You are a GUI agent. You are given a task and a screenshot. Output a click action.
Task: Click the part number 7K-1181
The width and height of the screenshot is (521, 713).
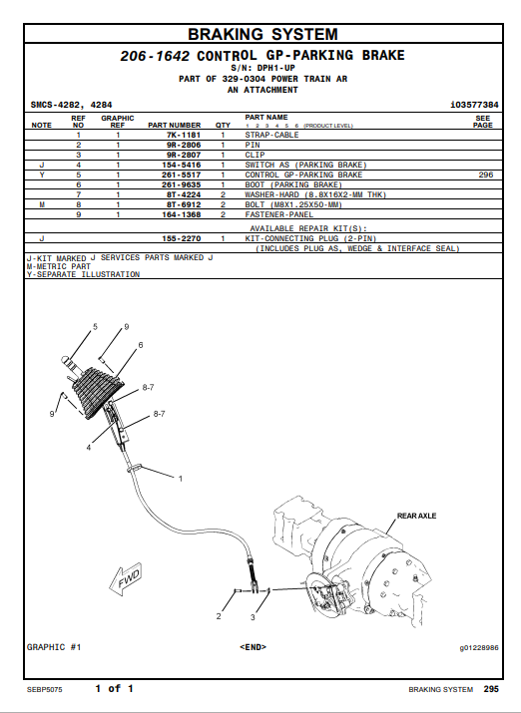[184, 135]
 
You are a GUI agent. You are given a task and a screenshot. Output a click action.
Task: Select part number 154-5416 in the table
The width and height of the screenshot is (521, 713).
[181, 166]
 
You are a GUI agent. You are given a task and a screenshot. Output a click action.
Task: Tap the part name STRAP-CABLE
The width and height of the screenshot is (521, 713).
[271, 135]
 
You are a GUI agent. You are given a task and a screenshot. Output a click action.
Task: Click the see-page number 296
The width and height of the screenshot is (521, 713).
[485, 175]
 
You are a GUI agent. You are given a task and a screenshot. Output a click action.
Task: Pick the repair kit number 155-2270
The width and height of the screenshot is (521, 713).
[181, 238]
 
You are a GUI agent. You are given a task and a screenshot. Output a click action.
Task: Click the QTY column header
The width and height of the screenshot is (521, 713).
[223, 125]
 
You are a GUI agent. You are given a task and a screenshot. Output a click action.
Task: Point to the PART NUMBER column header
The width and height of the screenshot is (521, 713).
[175, 125]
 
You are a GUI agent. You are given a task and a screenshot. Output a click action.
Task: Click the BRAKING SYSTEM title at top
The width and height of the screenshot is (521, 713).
[263, 34]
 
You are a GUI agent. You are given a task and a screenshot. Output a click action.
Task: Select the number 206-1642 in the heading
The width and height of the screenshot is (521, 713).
[155, 56]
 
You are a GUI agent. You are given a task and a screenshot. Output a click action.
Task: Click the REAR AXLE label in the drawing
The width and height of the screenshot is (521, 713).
[416, 516]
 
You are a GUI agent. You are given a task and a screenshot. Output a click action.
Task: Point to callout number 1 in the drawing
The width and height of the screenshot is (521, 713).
[181, 479]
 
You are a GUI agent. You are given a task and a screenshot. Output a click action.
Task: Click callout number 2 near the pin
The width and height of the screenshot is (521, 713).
[219, 616]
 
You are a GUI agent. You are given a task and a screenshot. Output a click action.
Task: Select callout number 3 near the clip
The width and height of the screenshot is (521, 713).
[253, 617]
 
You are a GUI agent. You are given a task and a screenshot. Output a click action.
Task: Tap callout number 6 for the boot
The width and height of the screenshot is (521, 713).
[141, 345]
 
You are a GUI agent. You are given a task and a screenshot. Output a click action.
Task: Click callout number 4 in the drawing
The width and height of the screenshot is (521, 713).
[89, 448]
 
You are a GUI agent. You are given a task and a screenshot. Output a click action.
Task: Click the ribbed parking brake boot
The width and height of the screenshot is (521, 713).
[98, 393]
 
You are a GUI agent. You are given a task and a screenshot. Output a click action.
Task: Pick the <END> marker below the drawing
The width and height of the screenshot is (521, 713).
[253, 647]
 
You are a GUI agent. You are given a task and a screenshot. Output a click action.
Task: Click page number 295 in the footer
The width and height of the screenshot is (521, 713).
[491, 689]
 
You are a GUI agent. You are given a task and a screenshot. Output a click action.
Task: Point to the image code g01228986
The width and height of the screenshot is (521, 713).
[479, 647]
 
